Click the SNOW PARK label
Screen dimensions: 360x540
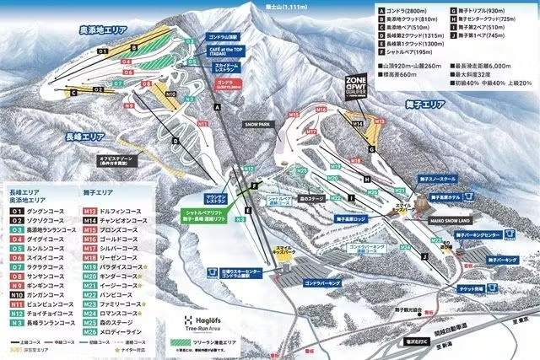tap(256, 121)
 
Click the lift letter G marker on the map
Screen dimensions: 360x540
tap(370, 149)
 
